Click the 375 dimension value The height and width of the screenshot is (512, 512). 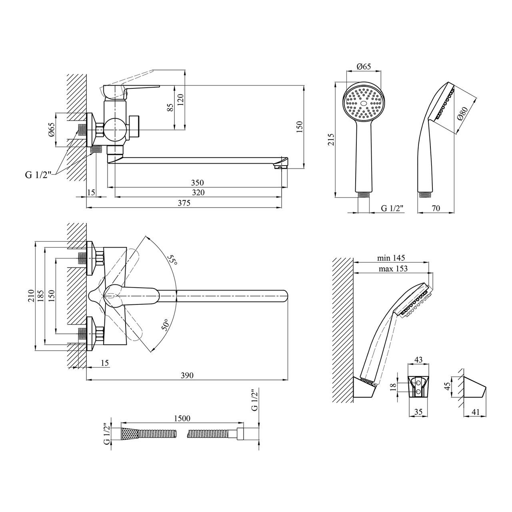pos(184,203)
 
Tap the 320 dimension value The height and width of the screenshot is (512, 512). pos(198,192)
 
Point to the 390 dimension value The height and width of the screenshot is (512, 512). pos(187,375)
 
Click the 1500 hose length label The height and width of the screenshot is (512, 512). pos(182,418)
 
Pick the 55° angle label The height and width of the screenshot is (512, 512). pos(172,260)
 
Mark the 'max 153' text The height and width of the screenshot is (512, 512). pos(393,269)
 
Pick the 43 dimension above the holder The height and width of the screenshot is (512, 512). pos(418,360)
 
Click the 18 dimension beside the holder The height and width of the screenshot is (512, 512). pos(393,386)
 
